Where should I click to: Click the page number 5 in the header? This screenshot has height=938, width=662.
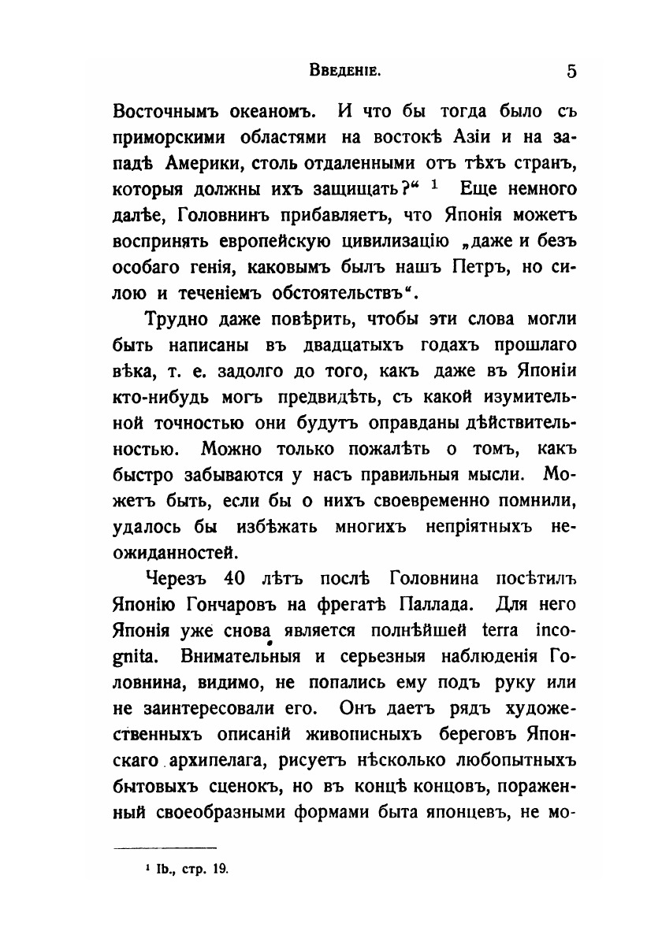pos(571,72)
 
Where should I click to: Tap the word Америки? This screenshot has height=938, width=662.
pos(210,163)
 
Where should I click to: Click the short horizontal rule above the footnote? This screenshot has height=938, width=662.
pos(165,848)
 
